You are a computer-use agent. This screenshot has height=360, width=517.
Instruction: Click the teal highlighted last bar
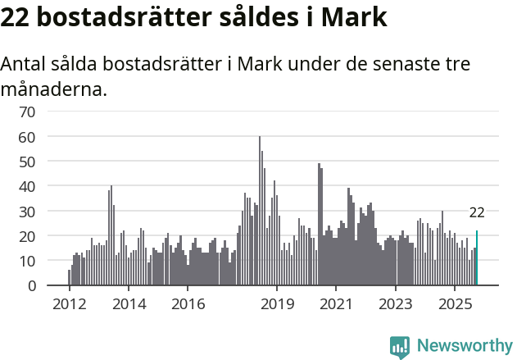coord(477,258)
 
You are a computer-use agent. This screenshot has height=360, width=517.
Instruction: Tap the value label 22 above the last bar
coord(477,212)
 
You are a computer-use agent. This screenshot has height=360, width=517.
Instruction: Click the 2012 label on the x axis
coord(69,303)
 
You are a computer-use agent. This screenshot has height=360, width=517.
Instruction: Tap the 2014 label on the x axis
coord(129,303)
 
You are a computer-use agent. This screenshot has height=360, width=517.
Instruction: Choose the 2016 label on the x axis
coord(188,303)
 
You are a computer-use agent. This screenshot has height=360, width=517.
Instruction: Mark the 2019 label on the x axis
coord(277,303)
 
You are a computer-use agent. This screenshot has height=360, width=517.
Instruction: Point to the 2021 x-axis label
coord(336,303)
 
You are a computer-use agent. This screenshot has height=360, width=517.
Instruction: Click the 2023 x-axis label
coord(396,303)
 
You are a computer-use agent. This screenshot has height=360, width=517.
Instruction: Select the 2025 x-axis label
coord(455,303)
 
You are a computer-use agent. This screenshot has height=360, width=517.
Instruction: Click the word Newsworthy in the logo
coord(464,346)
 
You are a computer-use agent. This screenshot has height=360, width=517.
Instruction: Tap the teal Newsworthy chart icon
coord(400,347)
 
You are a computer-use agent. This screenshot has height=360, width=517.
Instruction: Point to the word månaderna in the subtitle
coord(54,89)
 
